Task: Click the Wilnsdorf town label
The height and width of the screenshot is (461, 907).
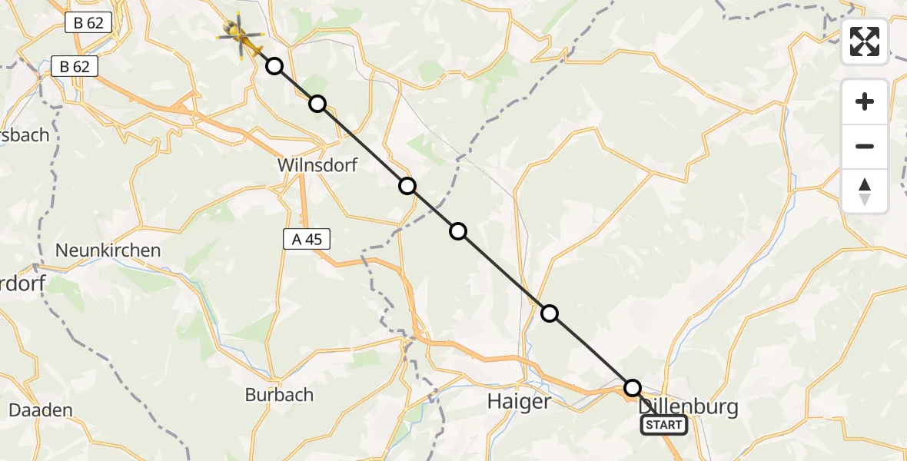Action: pos(317,165)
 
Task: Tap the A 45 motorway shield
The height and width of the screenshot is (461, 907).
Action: pos(307,240)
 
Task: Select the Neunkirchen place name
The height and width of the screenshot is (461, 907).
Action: pos(108,250)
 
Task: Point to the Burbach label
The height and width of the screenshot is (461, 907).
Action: pos(279,395)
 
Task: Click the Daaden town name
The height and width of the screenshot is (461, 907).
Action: pos(40,410)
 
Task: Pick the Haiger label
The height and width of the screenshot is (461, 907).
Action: pos(520,402)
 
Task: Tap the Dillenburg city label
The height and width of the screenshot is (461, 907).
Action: pos(688,407)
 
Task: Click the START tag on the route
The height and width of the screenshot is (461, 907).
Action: pos(663,425)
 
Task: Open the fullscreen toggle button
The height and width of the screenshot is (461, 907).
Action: pos(865,41)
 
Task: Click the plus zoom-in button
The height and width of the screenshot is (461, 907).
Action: pos(865,101)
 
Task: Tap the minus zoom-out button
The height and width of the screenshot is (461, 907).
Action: pos(865,146)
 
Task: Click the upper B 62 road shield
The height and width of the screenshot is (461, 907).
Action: pos(88,23)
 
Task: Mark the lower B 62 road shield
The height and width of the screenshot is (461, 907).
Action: pos(75,67)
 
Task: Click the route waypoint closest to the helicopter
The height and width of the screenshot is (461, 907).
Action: pos(274,66)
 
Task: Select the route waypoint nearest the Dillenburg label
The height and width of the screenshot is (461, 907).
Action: pos(632,387)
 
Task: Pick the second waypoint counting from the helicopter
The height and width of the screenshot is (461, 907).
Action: pos(317,104)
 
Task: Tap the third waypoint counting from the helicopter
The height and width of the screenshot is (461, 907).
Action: pos(407,186)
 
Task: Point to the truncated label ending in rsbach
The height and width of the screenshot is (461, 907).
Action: pos(25,135)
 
